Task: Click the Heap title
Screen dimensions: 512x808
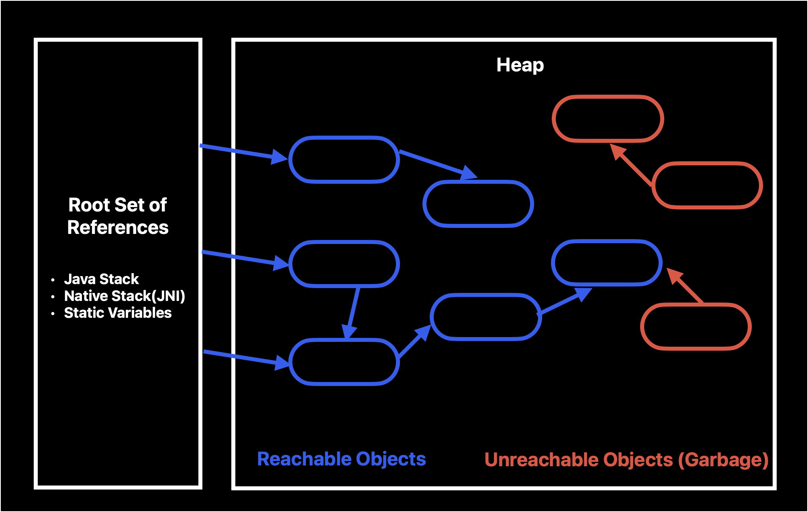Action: (x=520, y=65)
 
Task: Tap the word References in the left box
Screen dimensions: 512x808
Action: (x=118, y=228)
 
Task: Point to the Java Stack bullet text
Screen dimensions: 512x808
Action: (x=101, y=279)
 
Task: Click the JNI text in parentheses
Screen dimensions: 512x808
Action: (x=168, y=296)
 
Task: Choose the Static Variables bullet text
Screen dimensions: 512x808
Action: (x=118, y=313)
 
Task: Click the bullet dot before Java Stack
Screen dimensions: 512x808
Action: (x=53, y=280)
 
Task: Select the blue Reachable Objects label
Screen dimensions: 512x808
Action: (x=341, y=459)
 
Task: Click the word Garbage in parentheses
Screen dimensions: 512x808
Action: (x=723, y=460)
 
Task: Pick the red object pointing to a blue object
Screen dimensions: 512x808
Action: (x=696, y=327)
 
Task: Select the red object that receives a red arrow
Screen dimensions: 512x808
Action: (x=608, y=119)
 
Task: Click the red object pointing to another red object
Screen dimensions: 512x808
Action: (x=707, y=185)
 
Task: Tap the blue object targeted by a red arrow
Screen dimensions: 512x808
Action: (x=606, y=263)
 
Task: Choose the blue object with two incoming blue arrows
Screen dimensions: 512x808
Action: (x=344, y=362)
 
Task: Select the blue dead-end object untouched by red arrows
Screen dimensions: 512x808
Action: (x=478, y=204)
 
